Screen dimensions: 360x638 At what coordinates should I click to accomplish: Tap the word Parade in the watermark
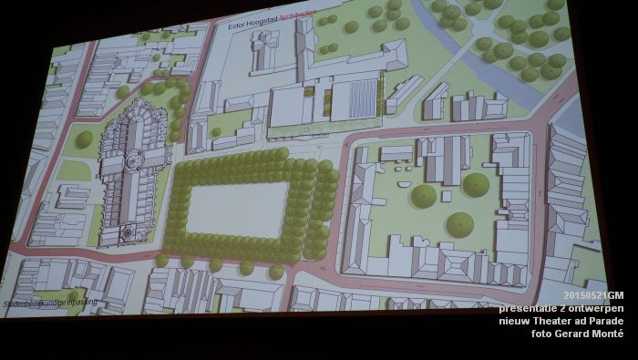(x=606, y=321)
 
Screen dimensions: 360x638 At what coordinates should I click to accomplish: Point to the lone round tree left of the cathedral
(x=83, y=139)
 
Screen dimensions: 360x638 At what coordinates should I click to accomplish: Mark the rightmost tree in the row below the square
(x=276, y=272)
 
